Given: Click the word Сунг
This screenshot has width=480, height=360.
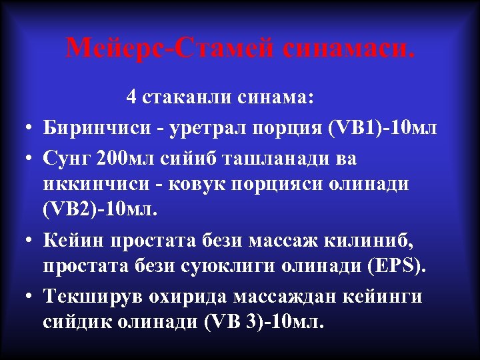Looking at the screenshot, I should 67,159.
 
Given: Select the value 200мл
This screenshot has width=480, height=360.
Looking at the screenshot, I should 127,159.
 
